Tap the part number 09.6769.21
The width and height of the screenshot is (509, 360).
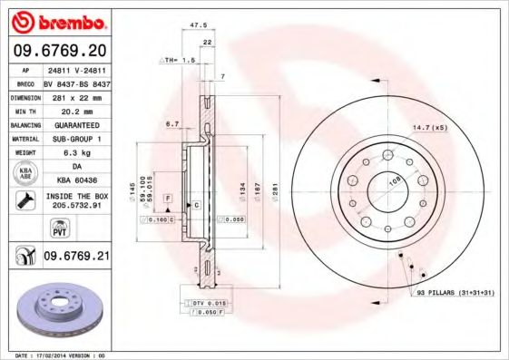(76, 258)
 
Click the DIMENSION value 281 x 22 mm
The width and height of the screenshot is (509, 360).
(76, 96)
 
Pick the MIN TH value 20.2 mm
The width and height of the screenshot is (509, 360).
(76, 110)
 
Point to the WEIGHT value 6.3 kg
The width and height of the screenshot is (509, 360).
(76, 153)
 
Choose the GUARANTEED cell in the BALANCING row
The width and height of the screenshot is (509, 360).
(76, 124)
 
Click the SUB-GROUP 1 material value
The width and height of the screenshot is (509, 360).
(76, 139)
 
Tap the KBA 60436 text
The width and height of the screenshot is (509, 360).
(76, 180)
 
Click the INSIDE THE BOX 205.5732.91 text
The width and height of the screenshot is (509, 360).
(76, 201)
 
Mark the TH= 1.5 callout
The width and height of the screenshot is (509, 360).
(180, 60)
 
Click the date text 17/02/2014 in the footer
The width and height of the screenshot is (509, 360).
(54, 355)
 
